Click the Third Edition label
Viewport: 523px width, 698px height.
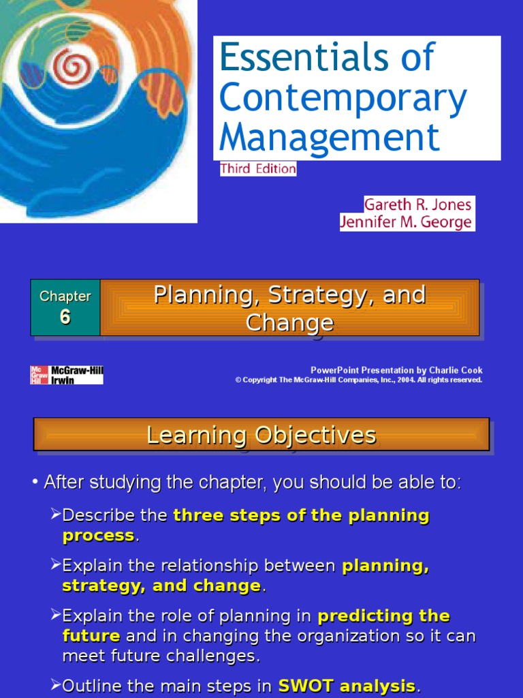coord(258,168)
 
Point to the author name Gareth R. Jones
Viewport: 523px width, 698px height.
coord(417,204)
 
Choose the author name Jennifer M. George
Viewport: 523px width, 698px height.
coord(407,222)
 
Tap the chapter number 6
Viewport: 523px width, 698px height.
coord(65,318)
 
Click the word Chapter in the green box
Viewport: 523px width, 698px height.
coord(65,297)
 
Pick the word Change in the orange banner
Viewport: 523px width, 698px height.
coord(289,322)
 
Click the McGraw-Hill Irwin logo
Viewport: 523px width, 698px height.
coord(67,375)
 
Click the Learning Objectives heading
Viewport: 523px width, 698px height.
coord(261,434)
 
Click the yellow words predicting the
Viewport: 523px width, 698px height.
coord(383,616)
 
